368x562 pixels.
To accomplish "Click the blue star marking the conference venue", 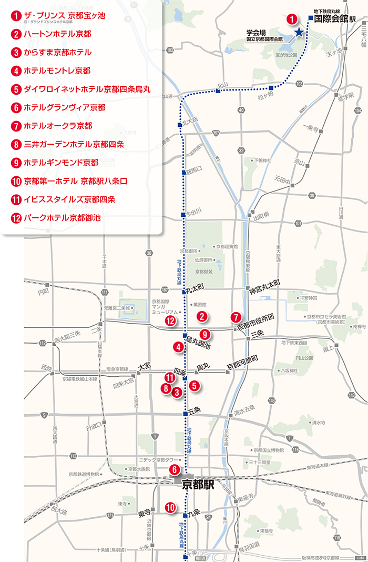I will (x=299, y=33).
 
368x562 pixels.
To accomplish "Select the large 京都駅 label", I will (x=198, y=485).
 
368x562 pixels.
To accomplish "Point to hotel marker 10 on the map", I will (x=170, y=507).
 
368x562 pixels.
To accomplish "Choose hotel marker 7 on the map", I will (x=236, y=317).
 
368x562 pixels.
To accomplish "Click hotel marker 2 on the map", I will (x=201, y=316).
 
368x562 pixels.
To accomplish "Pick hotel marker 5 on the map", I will (x=195, y=385).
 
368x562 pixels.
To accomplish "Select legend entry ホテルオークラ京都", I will (x=58, y=126).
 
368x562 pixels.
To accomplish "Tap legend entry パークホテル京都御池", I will (x=62, y=218).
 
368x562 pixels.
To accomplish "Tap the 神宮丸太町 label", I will (x=266, y=283).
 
